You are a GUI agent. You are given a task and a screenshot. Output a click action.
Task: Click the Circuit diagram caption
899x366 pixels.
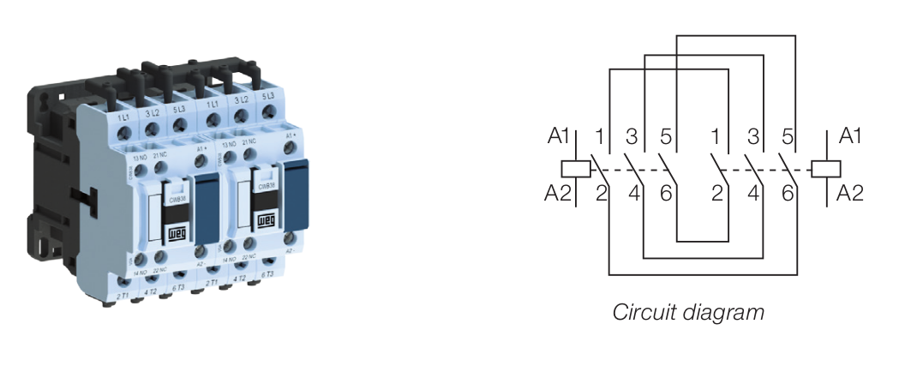(687, 311)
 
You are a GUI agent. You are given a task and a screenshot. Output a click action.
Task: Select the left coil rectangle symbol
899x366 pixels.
(573, 169)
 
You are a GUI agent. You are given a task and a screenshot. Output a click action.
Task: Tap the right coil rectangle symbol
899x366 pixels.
(825, 169)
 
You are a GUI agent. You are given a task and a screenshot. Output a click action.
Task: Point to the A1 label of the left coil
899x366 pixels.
(559, 136)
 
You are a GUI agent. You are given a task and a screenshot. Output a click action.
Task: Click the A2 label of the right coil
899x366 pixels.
(848, 194)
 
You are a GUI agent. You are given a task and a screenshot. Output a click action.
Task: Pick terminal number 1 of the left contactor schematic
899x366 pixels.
(600, 136)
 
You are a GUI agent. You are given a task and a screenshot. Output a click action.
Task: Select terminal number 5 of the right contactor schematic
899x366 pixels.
(788, 136)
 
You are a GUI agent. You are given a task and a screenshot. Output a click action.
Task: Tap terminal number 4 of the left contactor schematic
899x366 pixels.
(634, 194)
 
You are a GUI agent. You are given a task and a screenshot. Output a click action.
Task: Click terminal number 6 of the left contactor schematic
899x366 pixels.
(667, 194)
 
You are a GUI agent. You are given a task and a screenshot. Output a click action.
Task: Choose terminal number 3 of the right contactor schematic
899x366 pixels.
(754, 136)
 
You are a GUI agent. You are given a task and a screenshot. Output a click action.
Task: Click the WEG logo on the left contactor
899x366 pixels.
(176, 232)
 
